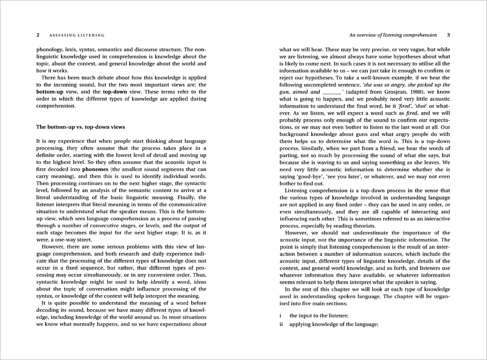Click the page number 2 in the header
(x=38, y=35)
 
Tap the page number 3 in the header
(x=448, y=35)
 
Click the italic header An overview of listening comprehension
(x=393, y=35)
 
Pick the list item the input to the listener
(x=319, y=315)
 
